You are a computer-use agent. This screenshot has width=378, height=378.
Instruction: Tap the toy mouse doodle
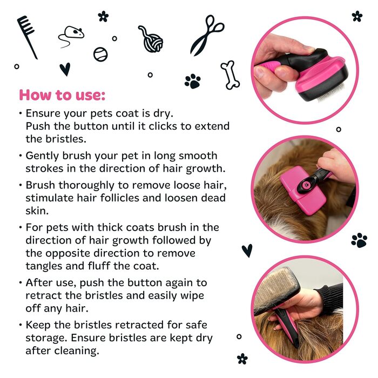click(x=71, y=36)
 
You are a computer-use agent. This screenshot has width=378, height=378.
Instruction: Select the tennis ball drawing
click(x=100, y=54)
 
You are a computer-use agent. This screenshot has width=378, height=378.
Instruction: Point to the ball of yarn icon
click(x=151, y=40)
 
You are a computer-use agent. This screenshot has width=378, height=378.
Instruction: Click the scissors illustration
click(x=206, y=35)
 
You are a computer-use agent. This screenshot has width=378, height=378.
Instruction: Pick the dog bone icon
click(x=230, y=75)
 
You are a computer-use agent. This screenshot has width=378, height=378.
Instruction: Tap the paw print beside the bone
click(x=192, y=81)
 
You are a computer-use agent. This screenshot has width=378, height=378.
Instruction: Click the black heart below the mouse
click(x=65, y=69)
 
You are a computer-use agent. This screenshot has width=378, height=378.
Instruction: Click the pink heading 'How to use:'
click(x=62, y=94)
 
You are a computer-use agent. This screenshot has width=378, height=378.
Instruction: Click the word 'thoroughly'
click(x=86, y=185)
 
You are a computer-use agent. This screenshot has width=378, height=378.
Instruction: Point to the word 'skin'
click(x=37, y=211)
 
